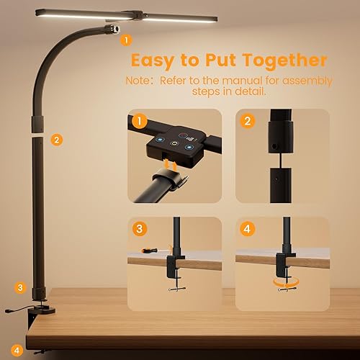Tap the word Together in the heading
pyautogui.click(x=283, y=60)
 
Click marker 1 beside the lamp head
pyautogui.click(x=127, y=40)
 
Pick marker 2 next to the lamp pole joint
pyautogui.click(x=57, y=140)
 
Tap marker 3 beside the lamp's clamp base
pyautogui.click(x=20, y=287)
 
